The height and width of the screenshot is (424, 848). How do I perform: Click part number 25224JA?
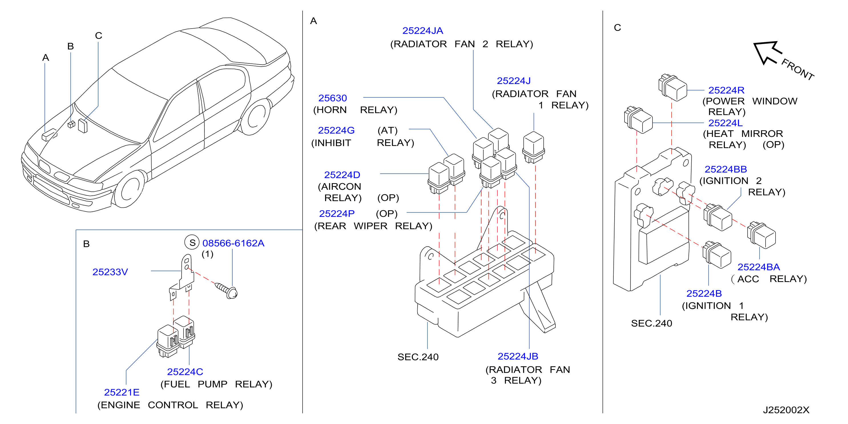point(423,31)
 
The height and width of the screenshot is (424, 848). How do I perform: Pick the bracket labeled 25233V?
point(182,277)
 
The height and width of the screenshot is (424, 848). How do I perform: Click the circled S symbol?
point(192,243)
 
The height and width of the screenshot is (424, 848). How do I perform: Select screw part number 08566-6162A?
point(233,243)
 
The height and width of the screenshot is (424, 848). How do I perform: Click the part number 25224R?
point(726,90)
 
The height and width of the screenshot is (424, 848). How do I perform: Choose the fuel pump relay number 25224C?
point(185,372)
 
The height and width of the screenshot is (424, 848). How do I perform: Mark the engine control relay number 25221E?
point(122,392)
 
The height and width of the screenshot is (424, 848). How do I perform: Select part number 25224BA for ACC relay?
point(758,267)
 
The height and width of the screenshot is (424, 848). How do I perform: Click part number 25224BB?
point(726,169)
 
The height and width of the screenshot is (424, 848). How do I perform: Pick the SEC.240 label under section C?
point(651,323)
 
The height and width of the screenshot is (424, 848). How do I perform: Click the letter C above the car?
point(98,36)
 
